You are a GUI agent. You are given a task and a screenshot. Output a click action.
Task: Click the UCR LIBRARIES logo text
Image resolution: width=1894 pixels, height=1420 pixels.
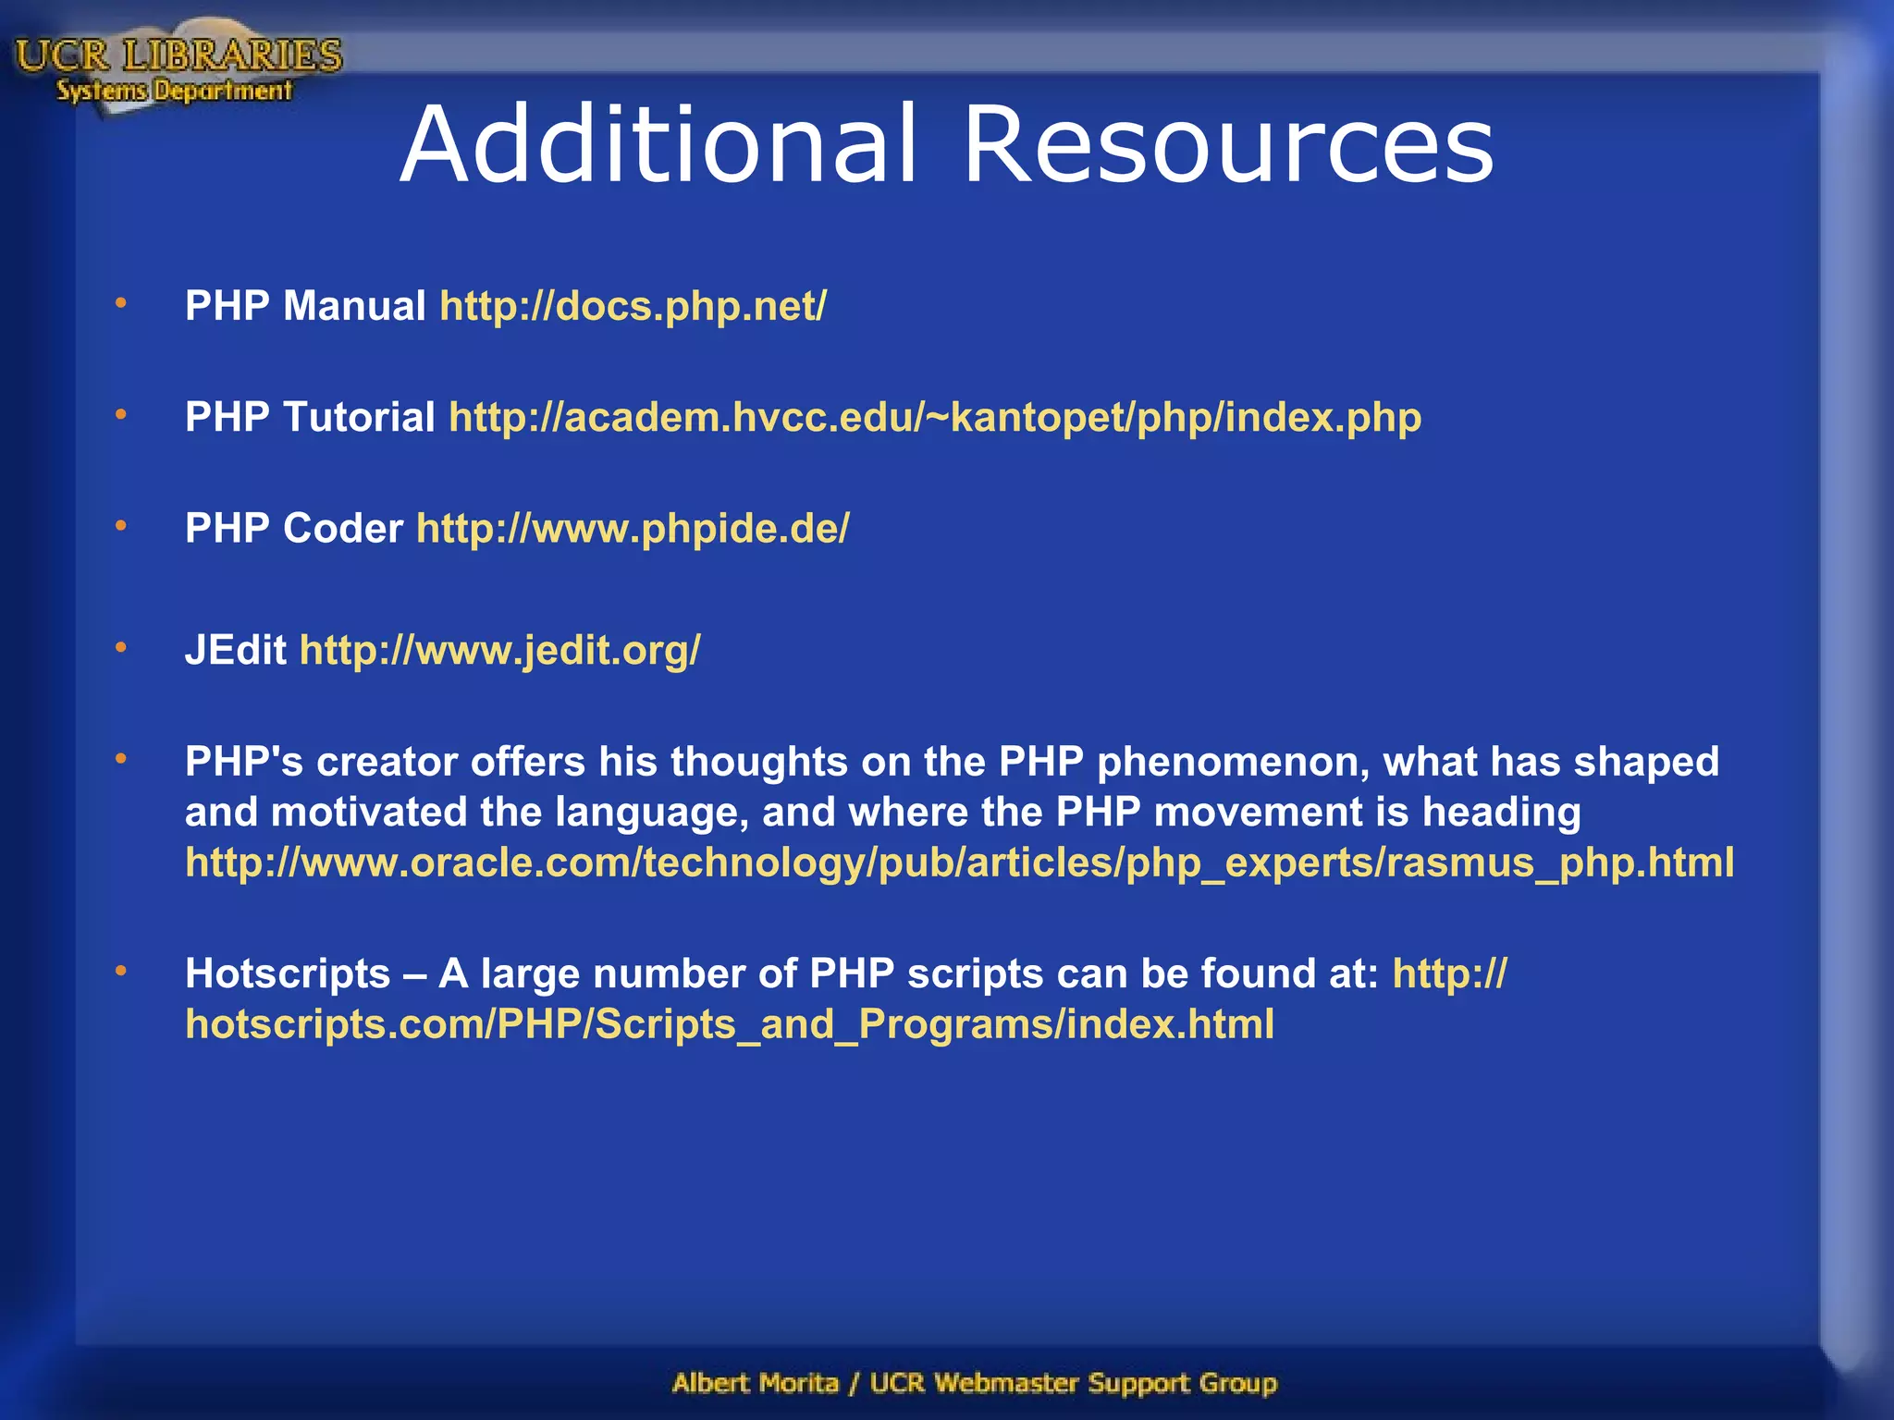coord(178,55)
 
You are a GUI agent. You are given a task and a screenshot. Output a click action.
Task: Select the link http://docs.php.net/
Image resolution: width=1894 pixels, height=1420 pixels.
coord(633,306)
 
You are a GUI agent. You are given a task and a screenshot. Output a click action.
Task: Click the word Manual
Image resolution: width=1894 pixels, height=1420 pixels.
coord(354,306)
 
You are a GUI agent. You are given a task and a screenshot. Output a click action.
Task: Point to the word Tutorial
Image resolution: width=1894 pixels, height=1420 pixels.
coord(360,417)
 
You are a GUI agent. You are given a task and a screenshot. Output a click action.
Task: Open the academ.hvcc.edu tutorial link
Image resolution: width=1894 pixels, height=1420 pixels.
coord(935,418)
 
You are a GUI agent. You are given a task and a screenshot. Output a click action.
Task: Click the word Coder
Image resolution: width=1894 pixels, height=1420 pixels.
coord(343,529)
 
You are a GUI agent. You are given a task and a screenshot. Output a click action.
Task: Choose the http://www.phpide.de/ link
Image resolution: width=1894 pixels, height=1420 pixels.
coord(633,529)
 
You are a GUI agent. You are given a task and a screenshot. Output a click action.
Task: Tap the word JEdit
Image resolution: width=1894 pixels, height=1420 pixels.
coord(235,650)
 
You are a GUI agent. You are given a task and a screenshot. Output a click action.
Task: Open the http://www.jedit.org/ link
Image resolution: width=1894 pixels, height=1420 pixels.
coord(500,650)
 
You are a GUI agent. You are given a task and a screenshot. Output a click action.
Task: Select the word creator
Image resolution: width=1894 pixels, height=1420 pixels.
coord(387,763)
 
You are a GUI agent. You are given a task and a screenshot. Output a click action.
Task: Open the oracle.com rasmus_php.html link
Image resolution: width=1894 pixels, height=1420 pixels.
coord(959,863)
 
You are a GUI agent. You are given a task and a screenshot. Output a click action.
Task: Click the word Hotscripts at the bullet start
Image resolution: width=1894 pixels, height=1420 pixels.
coord(288,973)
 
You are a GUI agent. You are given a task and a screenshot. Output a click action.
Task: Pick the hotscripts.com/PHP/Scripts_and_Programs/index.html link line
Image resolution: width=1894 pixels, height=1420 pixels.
coord(730,1024)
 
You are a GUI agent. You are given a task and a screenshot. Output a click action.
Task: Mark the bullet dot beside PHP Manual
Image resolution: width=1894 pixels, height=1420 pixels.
coord(121,302)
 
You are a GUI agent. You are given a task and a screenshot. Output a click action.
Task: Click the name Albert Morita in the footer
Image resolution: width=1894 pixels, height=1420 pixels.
coord(756,1383)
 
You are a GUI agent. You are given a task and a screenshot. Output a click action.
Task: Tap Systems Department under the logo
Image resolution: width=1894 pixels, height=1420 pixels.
coord(174,91)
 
